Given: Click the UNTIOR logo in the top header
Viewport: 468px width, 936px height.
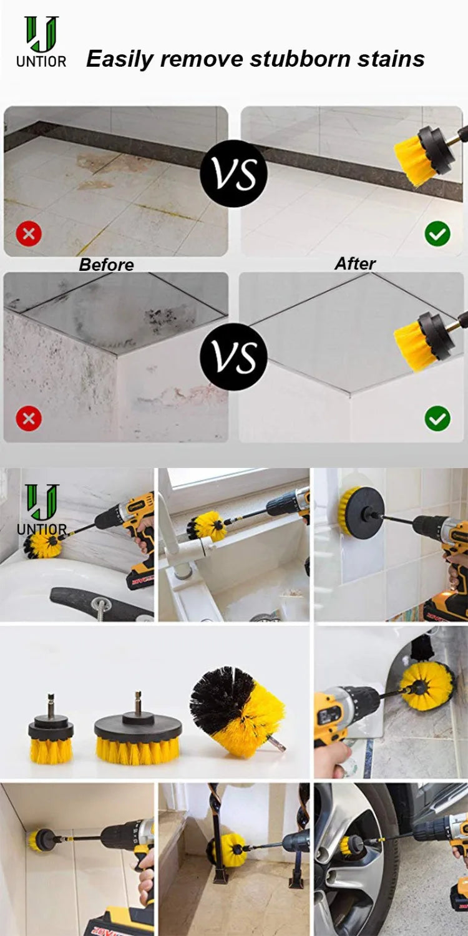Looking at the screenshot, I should tap(41, 42).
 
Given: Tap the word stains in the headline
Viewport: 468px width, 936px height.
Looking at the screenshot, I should tap(391, 59).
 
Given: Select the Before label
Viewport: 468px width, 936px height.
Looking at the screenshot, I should tap(106, 265).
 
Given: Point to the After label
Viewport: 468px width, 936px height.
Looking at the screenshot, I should tap(355, 263).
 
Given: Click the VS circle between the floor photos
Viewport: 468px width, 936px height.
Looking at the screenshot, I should tap(233, 174).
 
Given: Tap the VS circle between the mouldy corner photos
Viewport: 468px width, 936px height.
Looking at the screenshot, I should tap(233, 357).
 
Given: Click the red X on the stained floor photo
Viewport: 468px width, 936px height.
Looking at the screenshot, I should tap(28, 235).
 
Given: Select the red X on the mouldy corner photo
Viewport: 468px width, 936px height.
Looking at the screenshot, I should tap(28, 419).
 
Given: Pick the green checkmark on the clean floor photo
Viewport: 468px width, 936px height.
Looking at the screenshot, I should tap(437, 234).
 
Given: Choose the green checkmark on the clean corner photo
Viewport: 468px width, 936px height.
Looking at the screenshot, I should tap(437, 419).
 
